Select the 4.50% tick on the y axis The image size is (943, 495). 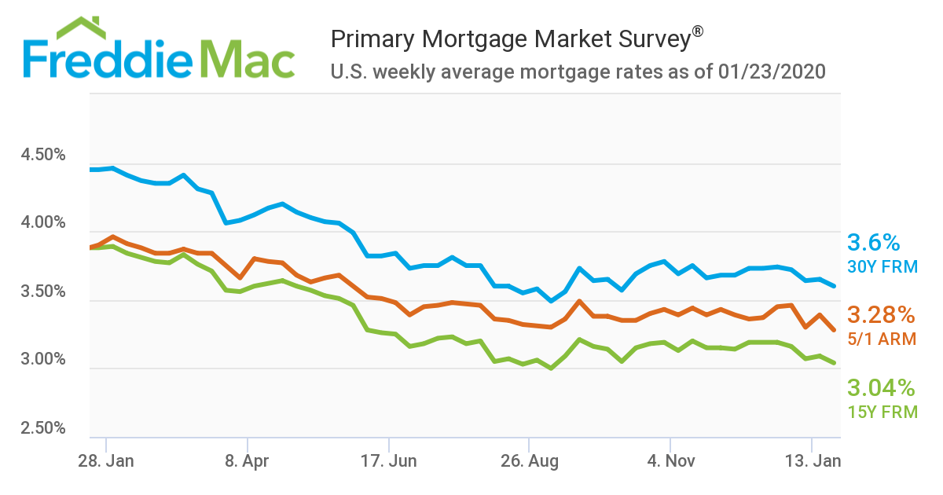(x=43, y=154)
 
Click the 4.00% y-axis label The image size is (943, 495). (x=43, y=223)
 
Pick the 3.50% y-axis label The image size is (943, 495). (x=43, y=291)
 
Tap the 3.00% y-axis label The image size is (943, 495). (x=43, y=360)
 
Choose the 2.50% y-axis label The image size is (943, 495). (x=43, y=428)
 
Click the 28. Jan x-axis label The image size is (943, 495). (x=105, y=461)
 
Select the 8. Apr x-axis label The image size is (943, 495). (x=247, y=461)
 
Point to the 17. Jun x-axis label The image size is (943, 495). (x=388, y=461)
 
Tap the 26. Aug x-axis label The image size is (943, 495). (x=530, y=461)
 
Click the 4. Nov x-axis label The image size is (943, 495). (x=670, y=461)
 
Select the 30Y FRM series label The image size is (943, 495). (x=882, y=267)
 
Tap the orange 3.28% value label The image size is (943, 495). (x=881, y=316)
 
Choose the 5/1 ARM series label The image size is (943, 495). (x=881, y=339)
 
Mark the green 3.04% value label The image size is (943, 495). (x=881, y=388)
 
